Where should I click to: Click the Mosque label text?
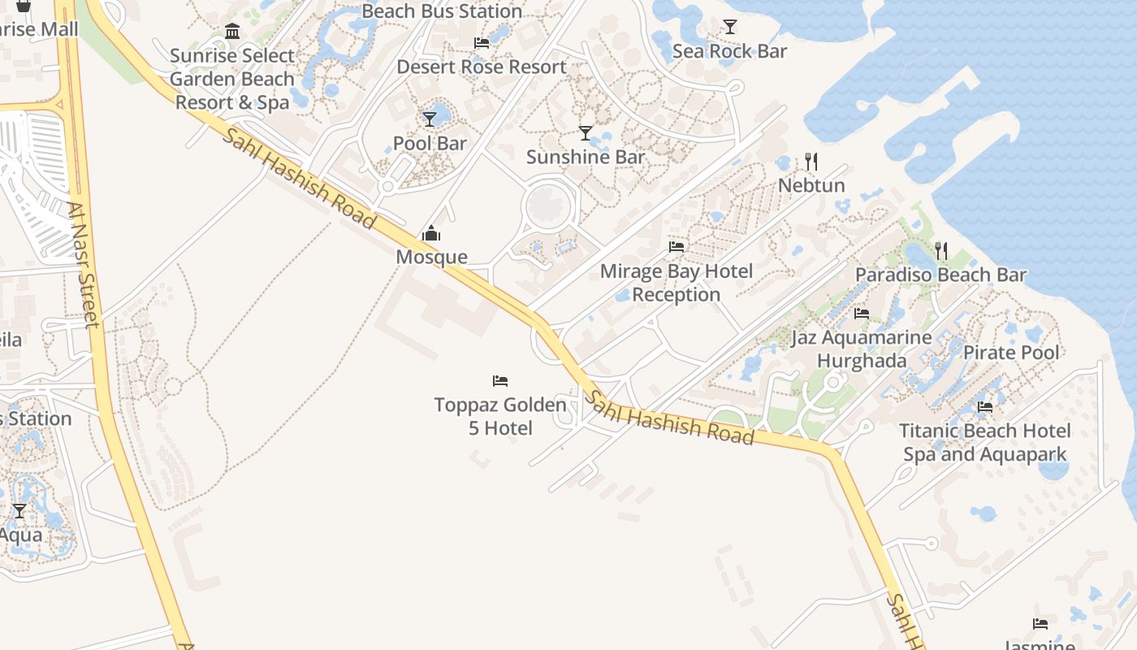click(431, 258)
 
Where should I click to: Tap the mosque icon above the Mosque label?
click(431, 235)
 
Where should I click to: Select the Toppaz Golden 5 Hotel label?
click(500, 416)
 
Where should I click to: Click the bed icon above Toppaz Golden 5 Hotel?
click(500, 380)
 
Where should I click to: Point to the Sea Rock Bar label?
click(729, 51)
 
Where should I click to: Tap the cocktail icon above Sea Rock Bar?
click(730, 27)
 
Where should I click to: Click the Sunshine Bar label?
click(585, 157)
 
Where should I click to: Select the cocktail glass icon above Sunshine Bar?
click(586, 132)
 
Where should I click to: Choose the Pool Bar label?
click(430, 144)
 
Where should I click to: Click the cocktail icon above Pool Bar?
click(430, 119)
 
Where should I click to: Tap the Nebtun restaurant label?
click(811, 185)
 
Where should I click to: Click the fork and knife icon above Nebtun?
click(811, 161)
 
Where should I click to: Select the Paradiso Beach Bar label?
click(940, 275)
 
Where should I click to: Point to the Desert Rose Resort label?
click(481, 67)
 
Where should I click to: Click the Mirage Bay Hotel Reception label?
click(677, 283)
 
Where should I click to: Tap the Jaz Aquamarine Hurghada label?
click(862, 349)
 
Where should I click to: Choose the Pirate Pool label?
click(1011, 353)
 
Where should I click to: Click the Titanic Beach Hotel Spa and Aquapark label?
click(985, 442)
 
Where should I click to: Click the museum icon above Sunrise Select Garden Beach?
click(232, 32)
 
